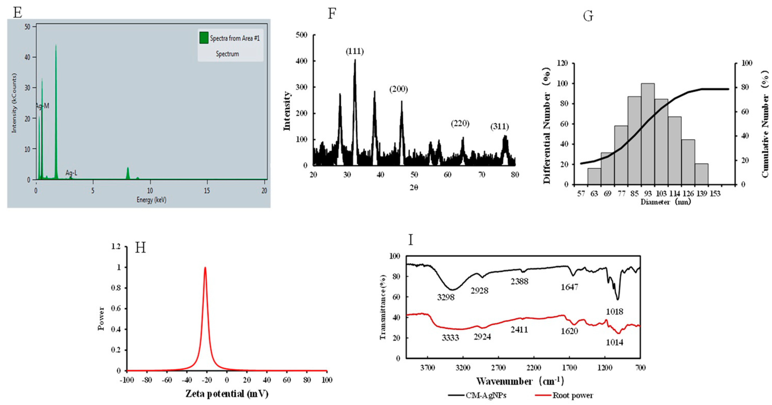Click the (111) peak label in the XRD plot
(x=355, y=51)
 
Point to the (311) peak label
(x=500, y=127)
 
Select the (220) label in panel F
(x=460, y=123)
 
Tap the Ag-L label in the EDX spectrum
(x=71, y=173)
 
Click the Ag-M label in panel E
(x=42, y=106)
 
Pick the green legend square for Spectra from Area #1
(x=204, y=38)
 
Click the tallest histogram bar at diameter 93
(x=648, y=135)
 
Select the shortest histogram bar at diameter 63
(x=594, y=177)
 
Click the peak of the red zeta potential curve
(x=205, y=268)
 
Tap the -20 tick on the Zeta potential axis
(x=207, y=380)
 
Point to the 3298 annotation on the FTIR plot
(x=446, y=297)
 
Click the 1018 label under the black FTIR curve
(x=614, y=312)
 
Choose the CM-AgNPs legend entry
(x=486, y=396)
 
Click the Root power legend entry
(x=573, y=396)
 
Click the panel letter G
(x=588, y=16)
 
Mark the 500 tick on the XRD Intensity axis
(x=301, y=35)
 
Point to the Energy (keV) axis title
(x=151, y=200)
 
